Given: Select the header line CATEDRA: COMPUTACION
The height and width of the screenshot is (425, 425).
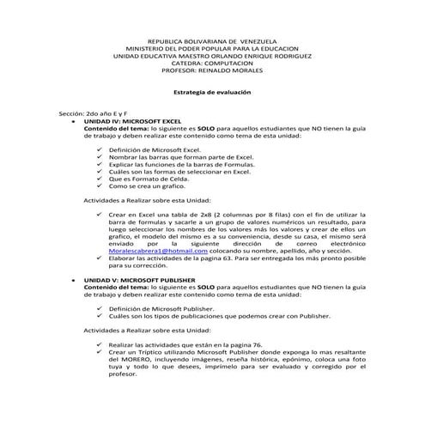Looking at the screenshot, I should [x=212, y=64].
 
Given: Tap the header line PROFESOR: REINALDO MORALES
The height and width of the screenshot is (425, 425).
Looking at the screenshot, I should [x=212, y=71].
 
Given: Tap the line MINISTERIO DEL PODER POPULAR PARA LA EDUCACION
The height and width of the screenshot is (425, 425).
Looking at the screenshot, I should [x=212, y=49].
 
